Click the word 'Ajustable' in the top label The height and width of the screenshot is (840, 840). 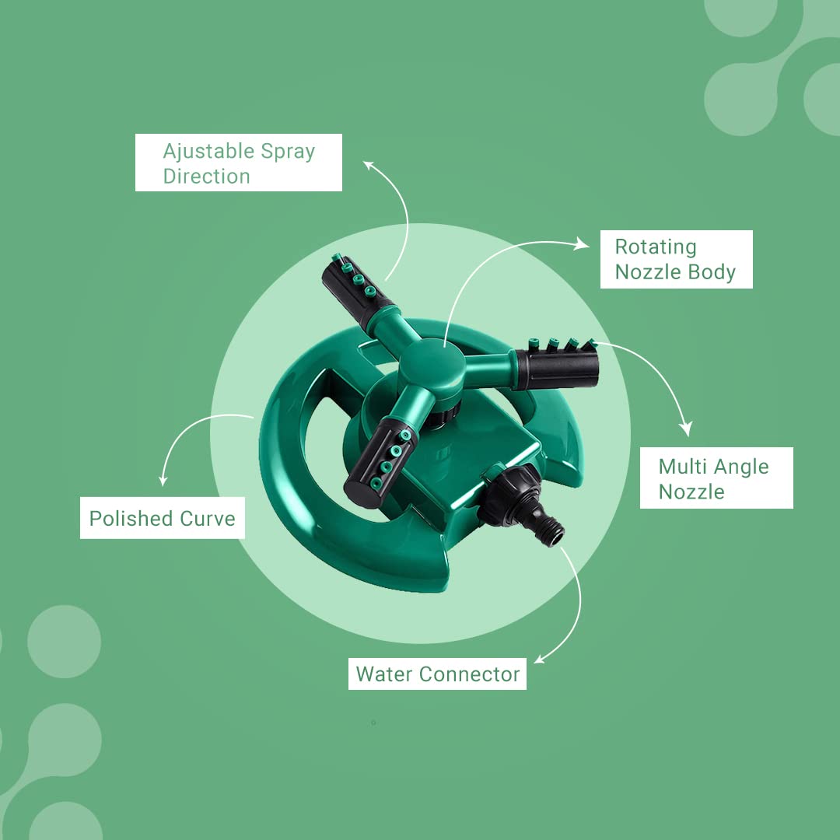pyautogui.click(x=208, y=152)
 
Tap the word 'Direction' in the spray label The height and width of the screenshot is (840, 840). pyautogui.click(x=206, y=177)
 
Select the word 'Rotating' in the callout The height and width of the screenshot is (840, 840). pyautogui.click(x=656, y=247)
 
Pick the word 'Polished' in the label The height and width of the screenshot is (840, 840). pyautogui.click(x=131, y=519)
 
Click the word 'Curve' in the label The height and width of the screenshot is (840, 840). pyautogui.click(x=208, y=519)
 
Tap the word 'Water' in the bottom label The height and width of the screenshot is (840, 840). pyautogui.click(x=384, y=674)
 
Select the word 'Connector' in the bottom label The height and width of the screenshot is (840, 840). pyautogui.click(x=470, y=674)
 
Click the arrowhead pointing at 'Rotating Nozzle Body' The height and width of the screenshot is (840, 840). pyautogui.click(x=582, y=244)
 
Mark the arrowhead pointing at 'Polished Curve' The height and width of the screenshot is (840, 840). pyautogui.click(x=163, y=481)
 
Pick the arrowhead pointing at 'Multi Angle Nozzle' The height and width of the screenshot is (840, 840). pyautogui.click(x=686, y=429)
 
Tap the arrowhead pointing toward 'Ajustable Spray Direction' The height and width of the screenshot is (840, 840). pyautogui.click(x=368, y=164)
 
